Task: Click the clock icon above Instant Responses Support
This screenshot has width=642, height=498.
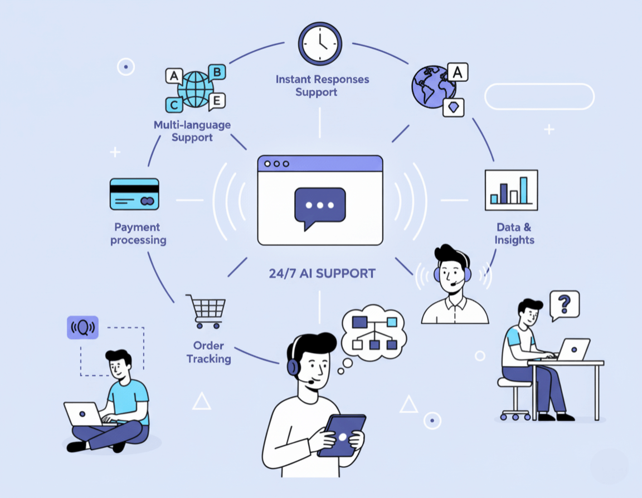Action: click(320, 43)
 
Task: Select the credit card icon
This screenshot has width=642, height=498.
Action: click(134, 194)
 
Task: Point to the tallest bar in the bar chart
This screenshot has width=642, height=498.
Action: click(523, 190)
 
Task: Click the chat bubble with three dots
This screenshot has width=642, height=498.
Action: click(319, 207)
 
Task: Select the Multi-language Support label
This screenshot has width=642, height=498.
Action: click(192, 131)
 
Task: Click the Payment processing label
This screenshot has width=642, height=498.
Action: click(138, 234)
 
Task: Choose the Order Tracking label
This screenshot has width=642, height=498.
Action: click(208, 352)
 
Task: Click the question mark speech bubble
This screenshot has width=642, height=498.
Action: click(564, 304)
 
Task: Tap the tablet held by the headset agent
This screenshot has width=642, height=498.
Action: click(342, 435)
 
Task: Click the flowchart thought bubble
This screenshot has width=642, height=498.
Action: click(373, 332)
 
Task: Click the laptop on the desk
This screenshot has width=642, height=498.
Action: click(573, 349)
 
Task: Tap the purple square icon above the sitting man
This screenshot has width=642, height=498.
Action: click(82, 328)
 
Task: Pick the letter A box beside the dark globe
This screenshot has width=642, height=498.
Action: click(457, 72)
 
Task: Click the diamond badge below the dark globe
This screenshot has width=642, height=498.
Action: click(453, 107)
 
